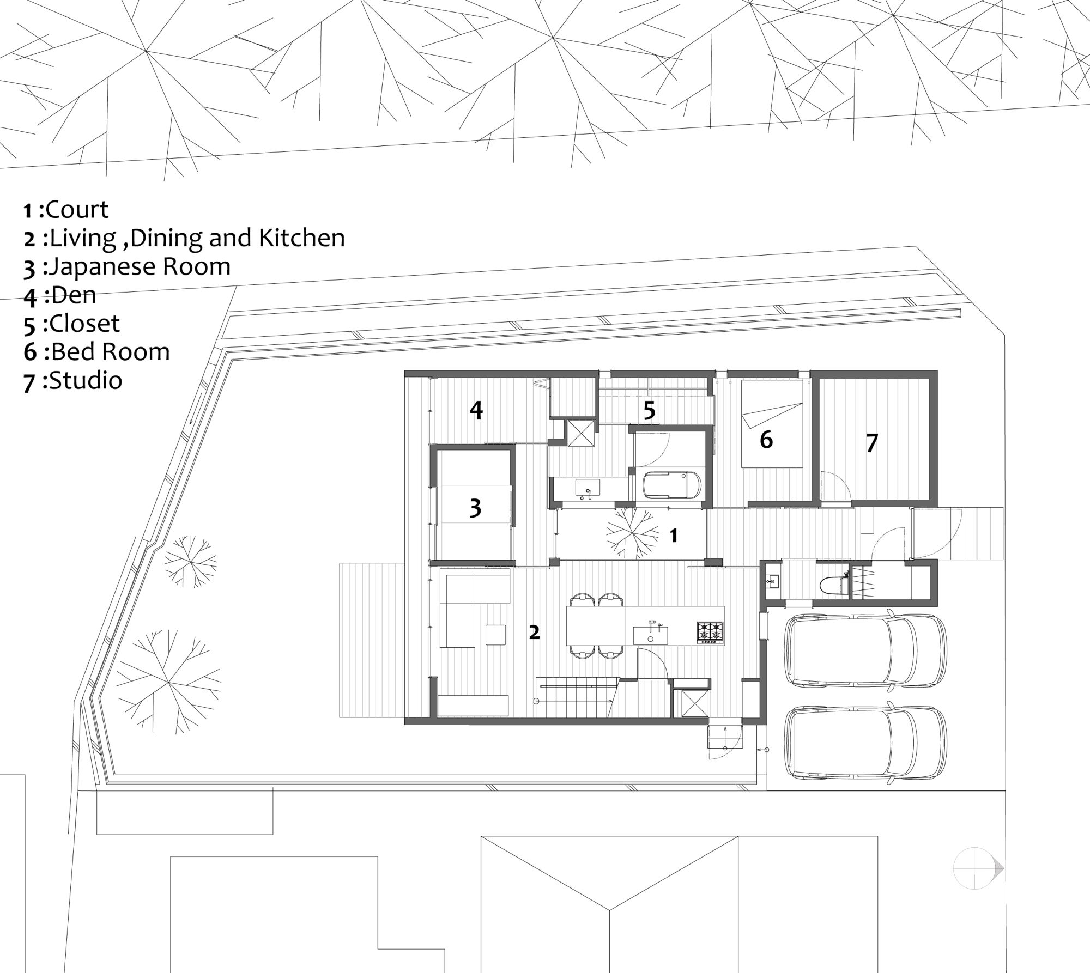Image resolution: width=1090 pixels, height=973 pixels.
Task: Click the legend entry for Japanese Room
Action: [x=126, y=267]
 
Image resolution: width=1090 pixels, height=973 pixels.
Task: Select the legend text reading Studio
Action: [x=72, y=380]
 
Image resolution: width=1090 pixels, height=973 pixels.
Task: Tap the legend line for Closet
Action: [x=71, y=324]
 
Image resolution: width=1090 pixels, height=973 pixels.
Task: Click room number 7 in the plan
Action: [x=872, y=443]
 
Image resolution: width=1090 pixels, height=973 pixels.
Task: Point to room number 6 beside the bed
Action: [x=766, y=440]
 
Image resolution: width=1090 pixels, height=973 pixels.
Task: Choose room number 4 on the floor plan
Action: [x=476, y=410]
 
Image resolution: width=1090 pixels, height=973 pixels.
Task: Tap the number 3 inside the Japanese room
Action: [x=475, y=508]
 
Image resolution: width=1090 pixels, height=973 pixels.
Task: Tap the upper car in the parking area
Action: [x=864, y=649]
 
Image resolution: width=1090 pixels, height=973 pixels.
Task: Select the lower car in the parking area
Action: [x=864, y=741]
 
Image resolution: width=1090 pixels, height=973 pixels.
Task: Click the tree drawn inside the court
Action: [x=632, y=532]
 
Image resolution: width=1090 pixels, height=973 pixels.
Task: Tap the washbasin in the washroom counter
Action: [x=588, y=487]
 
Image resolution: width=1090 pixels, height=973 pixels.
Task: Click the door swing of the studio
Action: [x=834, y=487]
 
